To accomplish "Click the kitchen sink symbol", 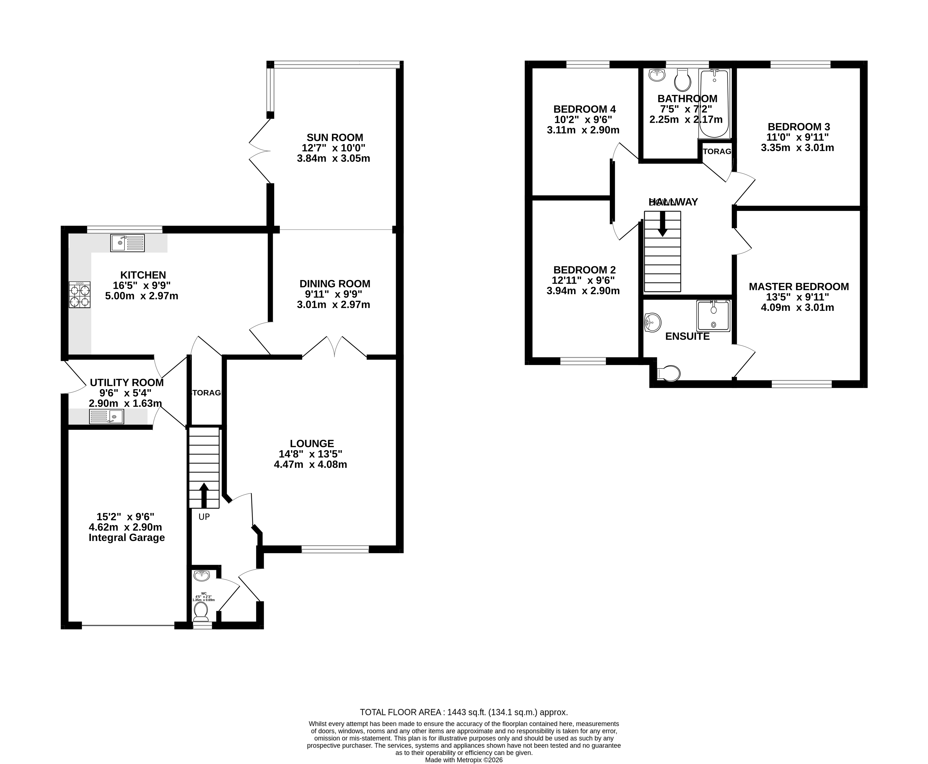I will (x=127, y=243).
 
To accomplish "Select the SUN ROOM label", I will (x=335, y=137).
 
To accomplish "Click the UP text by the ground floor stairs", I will (x=204, y=517).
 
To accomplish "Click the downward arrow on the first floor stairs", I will (x=662, y=224).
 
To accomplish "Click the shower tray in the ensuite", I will (x=713, y=316).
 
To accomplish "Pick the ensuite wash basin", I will (x=652, y=322).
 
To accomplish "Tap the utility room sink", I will (x=106, y=416).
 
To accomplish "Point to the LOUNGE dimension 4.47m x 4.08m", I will (x=310, y=464).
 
